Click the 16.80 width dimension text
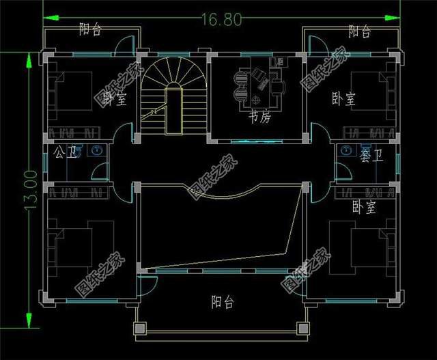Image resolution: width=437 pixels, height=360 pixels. pos(221,20)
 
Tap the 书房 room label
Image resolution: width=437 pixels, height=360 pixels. pos(259,119)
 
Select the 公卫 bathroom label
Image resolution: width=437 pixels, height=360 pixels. pos(59,152)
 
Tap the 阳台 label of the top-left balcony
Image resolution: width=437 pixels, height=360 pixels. pos(89,29)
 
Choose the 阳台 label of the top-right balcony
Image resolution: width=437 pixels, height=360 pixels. pos(360,31)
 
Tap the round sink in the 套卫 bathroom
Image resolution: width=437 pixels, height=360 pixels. pos(346,150)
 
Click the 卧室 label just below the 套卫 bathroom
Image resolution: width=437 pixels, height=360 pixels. pos(364,206)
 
